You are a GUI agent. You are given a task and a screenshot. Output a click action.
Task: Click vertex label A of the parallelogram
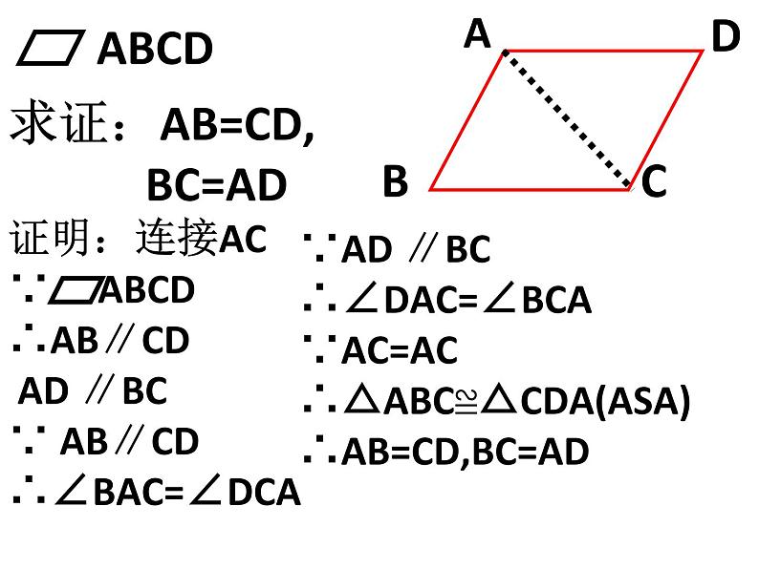(477, 35)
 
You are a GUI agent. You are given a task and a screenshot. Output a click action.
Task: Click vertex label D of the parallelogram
(726, 38)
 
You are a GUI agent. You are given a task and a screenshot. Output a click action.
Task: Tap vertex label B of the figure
(395, 180)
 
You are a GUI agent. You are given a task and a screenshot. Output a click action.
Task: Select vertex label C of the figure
(653, 181)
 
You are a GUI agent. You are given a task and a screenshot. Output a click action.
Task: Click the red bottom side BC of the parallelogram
(531, 189)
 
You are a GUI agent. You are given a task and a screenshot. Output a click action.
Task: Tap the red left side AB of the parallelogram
(467, 119)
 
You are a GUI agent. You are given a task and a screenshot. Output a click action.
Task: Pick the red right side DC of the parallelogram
(667, 119)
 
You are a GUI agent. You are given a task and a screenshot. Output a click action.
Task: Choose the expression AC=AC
(400, 351)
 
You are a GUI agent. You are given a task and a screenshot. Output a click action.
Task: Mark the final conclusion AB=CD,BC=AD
(465, 452)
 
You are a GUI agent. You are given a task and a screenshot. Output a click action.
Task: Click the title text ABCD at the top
(155, 50)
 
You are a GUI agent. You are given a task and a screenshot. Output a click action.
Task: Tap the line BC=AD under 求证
(216, 185)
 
